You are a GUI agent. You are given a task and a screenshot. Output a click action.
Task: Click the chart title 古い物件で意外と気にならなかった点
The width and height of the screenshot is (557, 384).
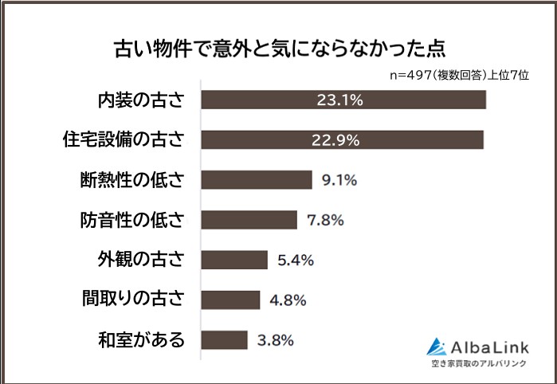278,47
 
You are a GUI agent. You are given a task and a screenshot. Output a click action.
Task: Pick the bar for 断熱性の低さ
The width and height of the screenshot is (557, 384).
256,179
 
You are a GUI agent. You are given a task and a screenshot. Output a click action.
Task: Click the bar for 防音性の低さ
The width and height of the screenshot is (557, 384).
249,219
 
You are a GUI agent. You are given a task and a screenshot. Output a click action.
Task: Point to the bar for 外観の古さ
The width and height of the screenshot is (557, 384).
234,260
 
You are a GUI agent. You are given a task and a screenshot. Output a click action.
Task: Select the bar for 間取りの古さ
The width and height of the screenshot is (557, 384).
230,300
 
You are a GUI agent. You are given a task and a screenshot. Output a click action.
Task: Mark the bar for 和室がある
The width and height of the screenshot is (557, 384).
224,339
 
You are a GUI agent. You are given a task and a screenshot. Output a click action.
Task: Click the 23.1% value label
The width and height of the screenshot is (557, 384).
340,100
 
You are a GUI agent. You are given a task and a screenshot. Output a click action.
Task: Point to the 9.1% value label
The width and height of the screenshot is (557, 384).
339,179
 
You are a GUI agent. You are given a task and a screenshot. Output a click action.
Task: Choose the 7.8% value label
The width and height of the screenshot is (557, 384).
324,219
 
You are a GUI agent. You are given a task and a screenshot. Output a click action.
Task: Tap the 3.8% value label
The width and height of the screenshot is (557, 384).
276,339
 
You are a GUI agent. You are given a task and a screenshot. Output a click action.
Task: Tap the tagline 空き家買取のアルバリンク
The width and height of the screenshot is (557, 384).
478,365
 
